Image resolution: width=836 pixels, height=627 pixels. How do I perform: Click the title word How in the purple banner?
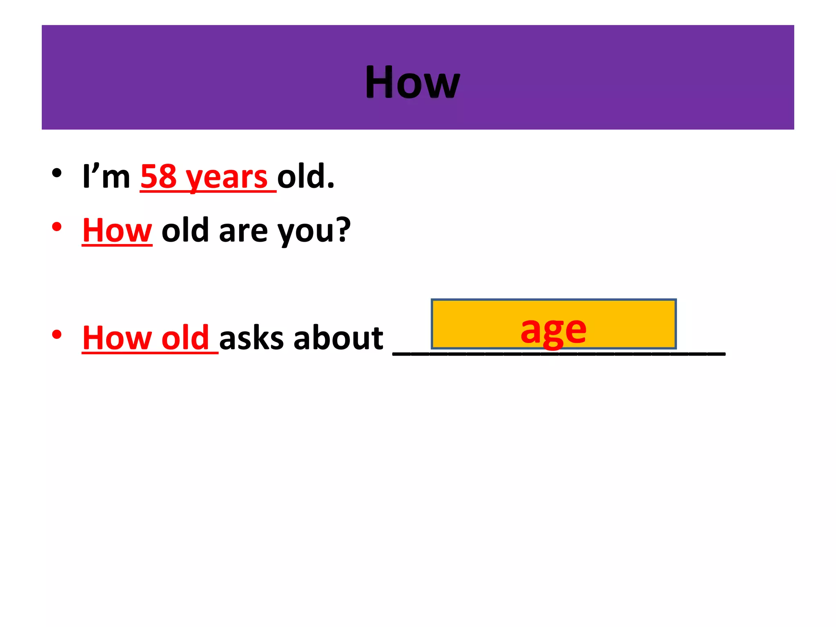pos(412,82)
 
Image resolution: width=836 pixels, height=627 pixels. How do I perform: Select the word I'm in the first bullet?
pos(106,177)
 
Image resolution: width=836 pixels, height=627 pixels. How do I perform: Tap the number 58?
pos(158,177)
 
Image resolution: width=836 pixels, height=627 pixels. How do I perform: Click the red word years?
pos(227,178)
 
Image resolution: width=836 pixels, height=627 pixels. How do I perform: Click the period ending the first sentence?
pos(331,186)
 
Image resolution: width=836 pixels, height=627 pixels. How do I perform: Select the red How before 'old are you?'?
pos(117,231)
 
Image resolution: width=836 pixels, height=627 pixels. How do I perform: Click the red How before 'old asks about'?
pos(117,338)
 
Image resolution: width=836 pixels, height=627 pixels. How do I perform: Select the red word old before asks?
pos(185,338)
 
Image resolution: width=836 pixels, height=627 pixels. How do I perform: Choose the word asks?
pos(251,338)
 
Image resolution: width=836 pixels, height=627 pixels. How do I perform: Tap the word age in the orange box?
pos(553,330)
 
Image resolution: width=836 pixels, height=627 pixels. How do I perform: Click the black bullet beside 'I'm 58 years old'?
pos(57,173)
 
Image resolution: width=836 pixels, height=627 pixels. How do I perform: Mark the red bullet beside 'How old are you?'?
pos(57,227)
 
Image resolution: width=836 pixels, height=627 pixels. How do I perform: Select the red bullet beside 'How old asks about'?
pos(57,335)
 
